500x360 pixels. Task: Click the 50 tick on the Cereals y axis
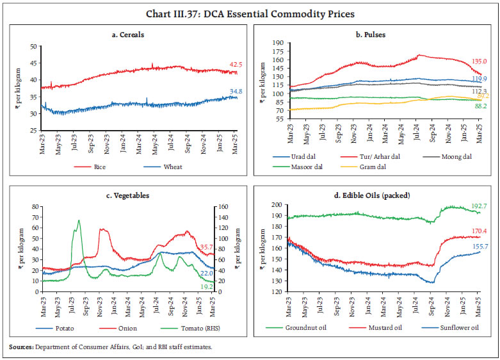[x=32, y=46]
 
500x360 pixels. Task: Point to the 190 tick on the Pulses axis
[x=277, y=43]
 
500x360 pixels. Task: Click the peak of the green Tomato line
[x=79, y=220]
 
